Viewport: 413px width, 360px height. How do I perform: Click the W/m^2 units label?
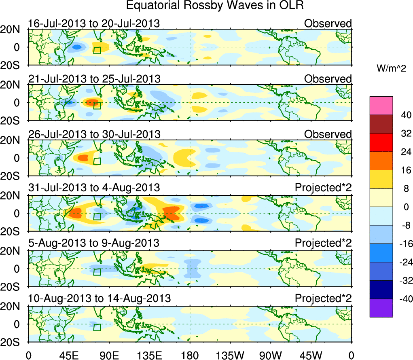391,69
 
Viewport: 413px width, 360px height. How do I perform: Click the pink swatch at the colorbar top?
381,106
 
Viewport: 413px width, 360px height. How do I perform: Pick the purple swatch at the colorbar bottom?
381,308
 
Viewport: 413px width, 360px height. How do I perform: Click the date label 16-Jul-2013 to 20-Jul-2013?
94,23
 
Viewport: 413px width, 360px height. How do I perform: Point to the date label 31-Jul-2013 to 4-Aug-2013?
94,188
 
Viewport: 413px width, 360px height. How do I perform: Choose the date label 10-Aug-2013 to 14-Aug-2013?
99,299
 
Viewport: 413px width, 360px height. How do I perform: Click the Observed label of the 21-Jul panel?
328,79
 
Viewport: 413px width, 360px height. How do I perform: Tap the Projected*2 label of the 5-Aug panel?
323,243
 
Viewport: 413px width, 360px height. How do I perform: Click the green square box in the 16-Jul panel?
97,50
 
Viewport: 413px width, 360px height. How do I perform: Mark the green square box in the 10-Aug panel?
97,327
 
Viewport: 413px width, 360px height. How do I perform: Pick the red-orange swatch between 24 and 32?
381,142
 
